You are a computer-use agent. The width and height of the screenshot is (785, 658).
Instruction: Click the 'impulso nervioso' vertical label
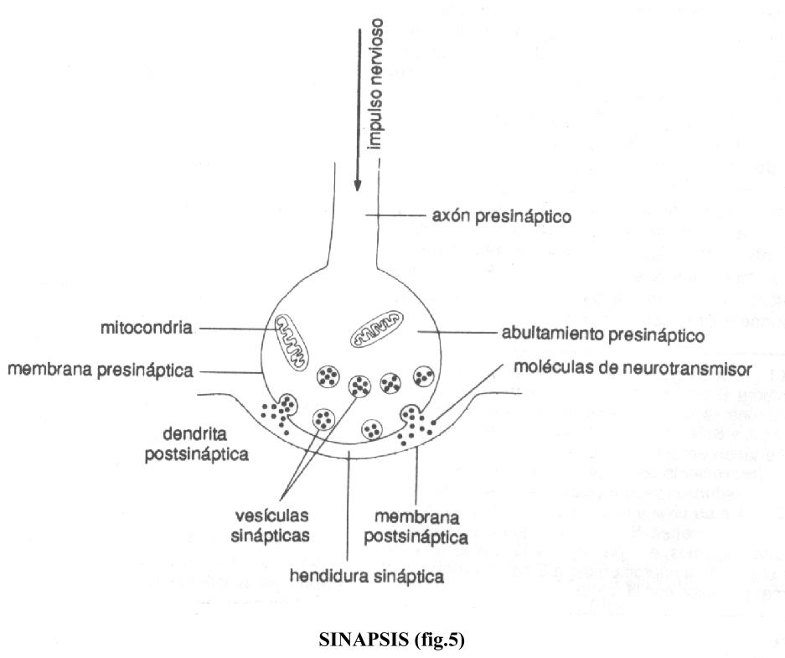376,83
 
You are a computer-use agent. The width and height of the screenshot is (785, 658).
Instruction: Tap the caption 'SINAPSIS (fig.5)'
390,640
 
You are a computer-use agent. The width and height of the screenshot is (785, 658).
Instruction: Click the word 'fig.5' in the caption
436,640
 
